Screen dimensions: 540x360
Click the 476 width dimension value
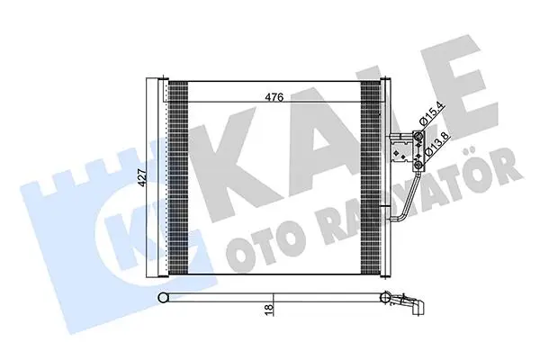click(274, 97)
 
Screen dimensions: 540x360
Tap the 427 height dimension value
click(142, 178)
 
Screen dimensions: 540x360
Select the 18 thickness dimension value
click(269, 308)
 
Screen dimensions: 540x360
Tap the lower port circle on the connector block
click(418, 166)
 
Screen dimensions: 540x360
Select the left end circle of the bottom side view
click(162, 297)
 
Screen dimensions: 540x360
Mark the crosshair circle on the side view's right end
click(384, 297)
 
